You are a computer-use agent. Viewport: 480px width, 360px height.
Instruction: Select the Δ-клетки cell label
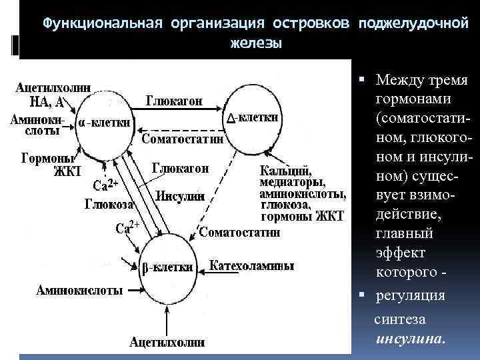point(253,117)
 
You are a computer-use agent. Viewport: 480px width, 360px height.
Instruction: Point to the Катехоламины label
point(252,266)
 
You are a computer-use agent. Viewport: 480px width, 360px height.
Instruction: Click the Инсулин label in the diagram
point(179,195)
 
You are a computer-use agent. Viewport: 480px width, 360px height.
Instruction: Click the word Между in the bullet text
point(399,80)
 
